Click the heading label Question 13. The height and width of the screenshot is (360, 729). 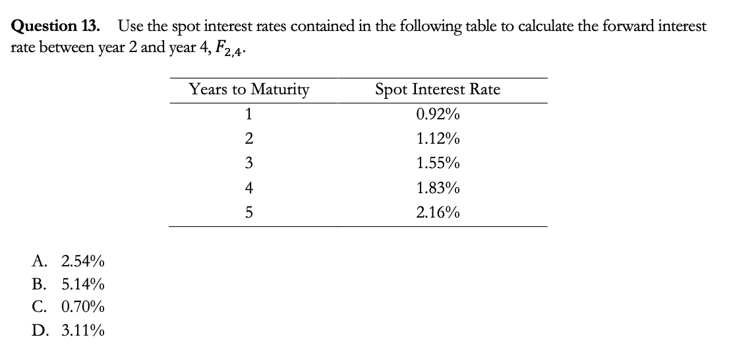(57, 27)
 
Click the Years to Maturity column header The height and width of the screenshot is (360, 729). (248, 89)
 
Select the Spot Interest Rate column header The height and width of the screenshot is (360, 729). (438, 89)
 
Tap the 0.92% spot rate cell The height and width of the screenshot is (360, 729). (438, 114)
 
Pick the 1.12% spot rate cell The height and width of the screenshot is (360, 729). (438, 138)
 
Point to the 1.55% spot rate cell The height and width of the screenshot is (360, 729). (438, 163)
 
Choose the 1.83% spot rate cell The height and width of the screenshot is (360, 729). (438, 188)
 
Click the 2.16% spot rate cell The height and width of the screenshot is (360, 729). (438, 212)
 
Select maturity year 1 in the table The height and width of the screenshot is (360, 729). (248, 114)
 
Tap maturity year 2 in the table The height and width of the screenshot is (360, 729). (248, 138)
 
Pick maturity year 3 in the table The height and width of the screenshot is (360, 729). (248, 163)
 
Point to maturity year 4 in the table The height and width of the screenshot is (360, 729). (248, 188)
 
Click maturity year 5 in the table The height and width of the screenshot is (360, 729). (248, 212)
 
